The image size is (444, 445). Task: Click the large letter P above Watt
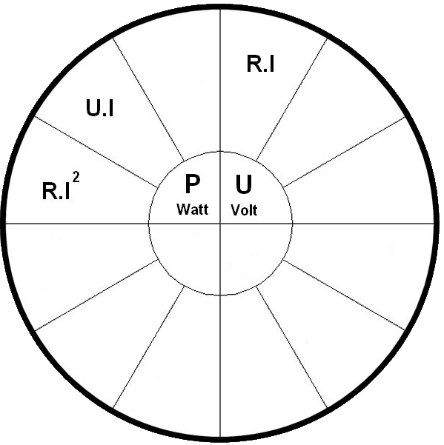(x=192, y=184)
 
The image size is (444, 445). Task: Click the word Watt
(x=192, y=210)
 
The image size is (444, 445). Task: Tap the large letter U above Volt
(x=243, y=184)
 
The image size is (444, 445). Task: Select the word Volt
(x=244, y=210)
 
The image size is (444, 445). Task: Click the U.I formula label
(x=100, y=108)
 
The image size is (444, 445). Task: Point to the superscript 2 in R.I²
(x=76, y=178)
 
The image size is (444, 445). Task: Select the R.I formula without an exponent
(x=260, y=64)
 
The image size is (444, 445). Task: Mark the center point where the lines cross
(x=220, y=224)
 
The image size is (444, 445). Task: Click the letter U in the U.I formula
(x=93, y=108)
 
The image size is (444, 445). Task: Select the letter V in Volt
(x=236, y=210)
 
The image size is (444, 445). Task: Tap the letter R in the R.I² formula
(x=48, y=191)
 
